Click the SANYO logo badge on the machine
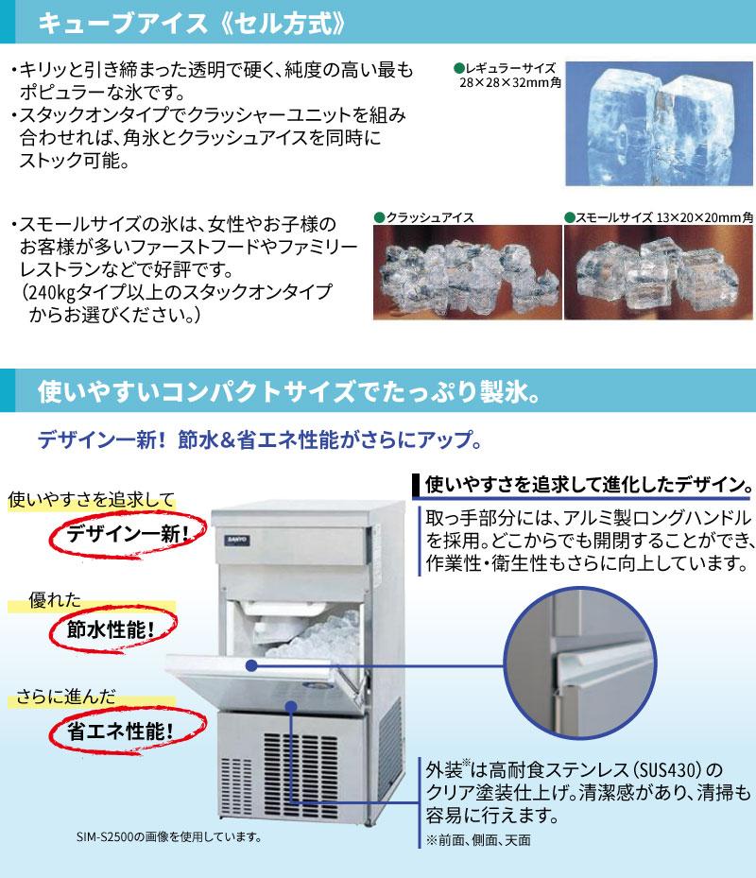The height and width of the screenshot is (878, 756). tap(238, 541)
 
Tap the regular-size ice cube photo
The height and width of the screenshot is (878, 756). tap(659, 124)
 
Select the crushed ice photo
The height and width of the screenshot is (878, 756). tap(468, 273)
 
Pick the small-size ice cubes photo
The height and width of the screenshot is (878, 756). tap(659, 273)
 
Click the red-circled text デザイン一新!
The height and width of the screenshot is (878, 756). tap(128, 534)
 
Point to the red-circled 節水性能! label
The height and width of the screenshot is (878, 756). tap(111, 630)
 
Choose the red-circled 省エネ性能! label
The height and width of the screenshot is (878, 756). tap(120, 732)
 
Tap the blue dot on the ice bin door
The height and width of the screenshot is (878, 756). tap(251, 665)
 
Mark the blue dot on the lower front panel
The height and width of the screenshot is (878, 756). tap(290, 707)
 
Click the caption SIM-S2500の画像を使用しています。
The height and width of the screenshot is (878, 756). tap(169, 836)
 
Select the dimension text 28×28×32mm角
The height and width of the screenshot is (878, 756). tap(510, 83)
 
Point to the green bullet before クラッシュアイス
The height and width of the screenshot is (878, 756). tap(379, 217)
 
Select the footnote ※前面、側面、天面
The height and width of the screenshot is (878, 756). tap(478, 840)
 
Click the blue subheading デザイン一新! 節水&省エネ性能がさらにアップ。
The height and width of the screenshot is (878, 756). tap(259, 439)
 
